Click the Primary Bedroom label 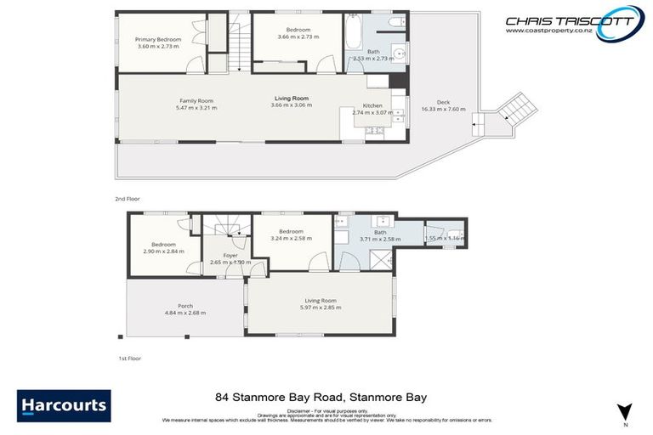click(x=158, y=39)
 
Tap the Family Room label click(x=196, y=100)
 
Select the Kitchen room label click(x=372, y=105)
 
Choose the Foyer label click(x=230, y=255)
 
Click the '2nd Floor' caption click(x=127, y=198)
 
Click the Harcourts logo click(x=64, y=405)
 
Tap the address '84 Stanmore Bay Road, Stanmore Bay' click(x=320, y=397)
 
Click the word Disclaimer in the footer click(x=304, y=410)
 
